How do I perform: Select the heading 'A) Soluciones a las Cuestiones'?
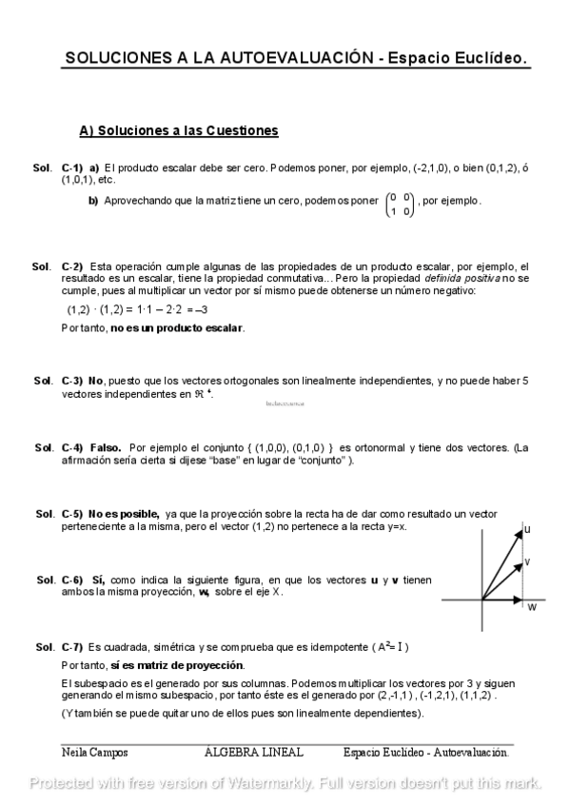178,129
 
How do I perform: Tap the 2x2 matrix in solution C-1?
400,205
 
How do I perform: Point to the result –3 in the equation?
199,309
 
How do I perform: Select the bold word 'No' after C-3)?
95,381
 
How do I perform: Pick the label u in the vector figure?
527,528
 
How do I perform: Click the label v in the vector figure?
527,561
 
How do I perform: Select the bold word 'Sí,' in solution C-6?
98,580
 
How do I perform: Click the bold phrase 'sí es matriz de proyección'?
177,664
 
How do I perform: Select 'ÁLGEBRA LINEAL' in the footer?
254,752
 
